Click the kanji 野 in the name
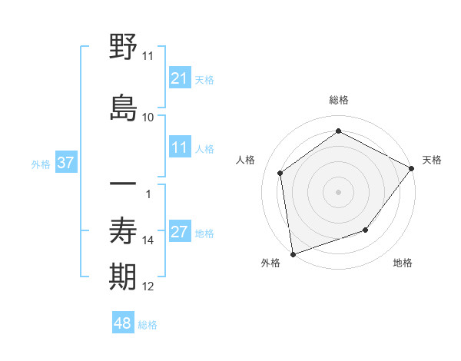pos(123,48)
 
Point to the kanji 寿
pos(123,230)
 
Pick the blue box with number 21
pos(179,78)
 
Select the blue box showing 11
pos(179,148)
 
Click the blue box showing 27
pos(179,233)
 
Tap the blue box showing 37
pos(65,163)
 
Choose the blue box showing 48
pos(122,323)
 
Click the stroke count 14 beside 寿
pos(148,240)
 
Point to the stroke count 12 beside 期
pos(148,286)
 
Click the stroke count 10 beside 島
pos(148,118)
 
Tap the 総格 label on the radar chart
pos(339,100)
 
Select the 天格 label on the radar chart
pos(432,160)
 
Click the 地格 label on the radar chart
pos(403,263)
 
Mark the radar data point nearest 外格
pos(293,253)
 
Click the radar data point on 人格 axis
pos(280,173)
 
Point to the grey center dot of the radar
pos(339,191)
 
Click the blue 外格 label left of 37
pos(41,164)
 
